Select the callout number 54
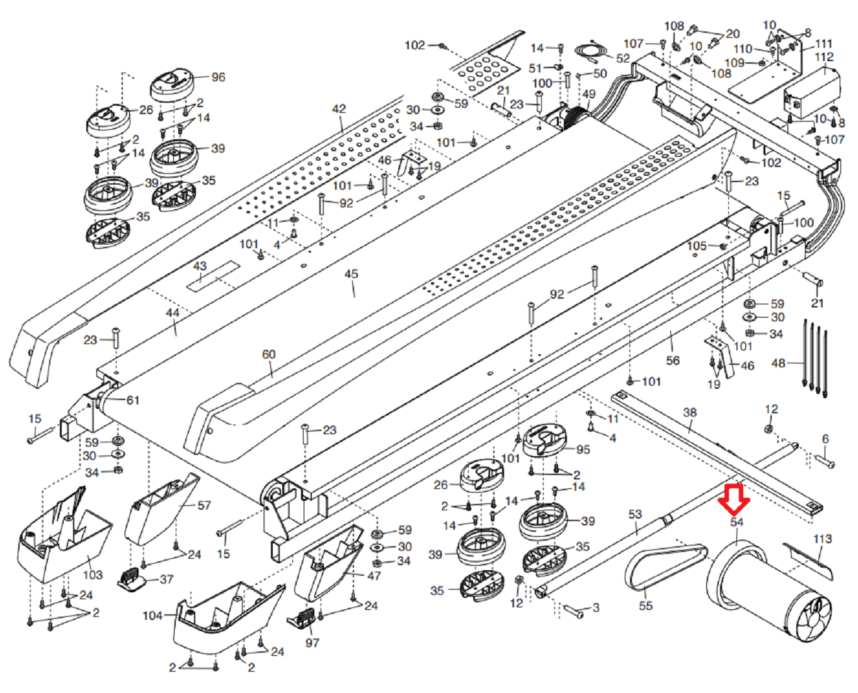[x=736, y=522]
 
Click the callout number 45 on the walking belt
[x=351, y=274]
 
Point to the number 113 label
[x=822, y=539]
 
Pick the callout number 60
[x=268, y=354]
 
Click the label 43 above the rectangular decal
[x=200, y=266]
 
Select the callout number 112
[x=824, y=57]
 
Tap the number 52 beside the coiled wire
[x=622, y=58]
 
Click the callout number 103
[x=93, y=575]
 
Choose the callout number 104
[x=152, y=616]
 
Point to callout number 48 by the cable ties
[x=779, y=363]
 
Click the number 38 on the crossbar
[x=690, y=413]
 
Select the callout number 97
[x=312, y=643]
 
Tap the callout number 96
[x=218, y=77]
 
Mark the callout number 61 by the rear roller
[x=132, y=400]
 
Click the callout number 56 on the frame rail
[x=673, y=360]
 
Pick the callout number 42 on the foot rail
[x=339, y=108]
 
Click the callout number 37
[x=166, y=579]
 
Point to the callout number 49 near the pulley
[x=588, y=94]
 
